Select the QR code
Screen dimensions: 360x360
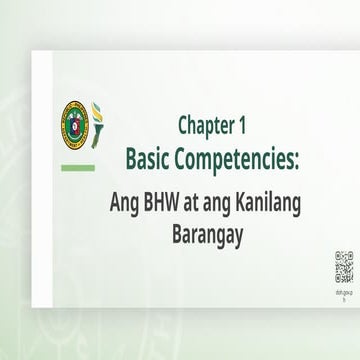343,267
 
